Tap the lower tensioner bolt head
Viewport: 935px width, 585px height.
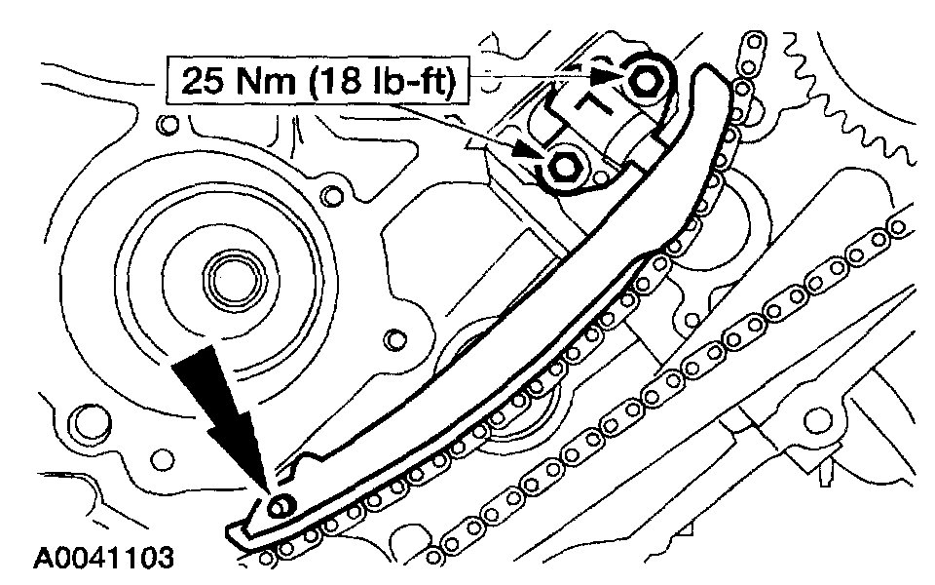point(564,166)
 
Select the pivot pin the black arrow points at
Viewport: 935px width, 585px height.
point(280,504)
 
